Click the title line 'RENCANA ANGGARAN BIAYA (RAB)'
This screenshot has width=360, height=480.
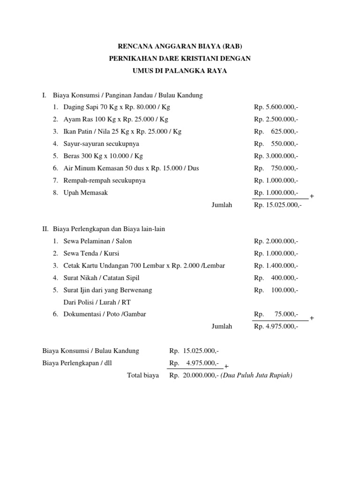(x=180, y=46)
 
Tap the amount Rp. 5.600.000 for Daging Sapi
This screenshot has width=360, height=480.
(x=276, y=107)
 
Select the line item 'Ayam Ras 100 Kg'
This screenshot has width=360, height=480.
(x=116, y=120)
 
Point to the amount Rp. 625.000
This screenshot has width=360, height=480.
(x=276, y=132)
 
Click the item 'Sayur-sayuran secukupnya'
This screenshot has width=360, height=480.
(x=101, y=144)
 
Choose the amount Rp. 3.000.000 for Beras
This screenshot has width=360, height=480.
(x=276, y=156)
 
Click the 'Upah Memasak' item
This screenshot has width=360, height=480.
(x=86, y=193)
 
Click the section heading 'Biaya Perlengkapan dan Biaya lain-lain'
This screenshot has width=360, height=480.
(x=109, y=229)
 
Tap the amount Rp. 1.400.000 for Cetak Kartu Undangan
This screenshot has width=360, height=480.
(x=276, y=266)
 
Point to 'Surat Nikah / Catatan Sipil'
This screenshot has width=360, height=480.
(x=102, y=278)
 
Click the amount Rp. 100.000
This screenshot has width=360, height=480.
(x=276, y=290)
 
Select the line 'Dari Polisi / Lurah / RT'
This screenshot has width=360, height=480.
(x=97, y=302)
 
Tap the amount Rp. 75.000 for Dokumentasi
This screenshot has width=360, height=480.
(x=276, y=315)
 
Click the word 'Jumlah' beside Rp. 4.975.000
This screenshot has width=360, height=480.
(x=222, y=327)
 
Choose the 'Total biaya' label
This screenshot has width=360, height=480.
(x=143, y=375)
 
